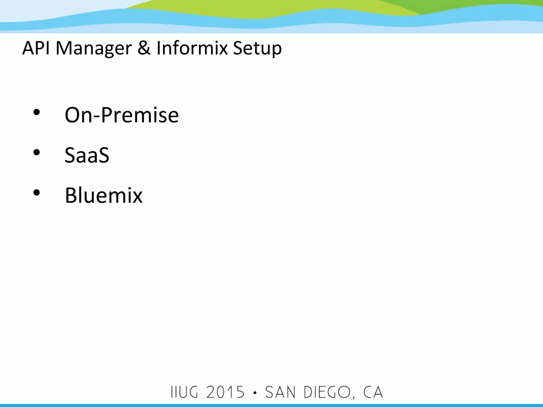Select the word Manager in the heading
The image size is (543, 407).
click(x=94, y=48)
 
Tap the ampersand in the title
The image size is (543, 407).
click(x=144, y=48)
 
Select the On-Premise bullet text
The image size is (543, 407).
click(x=122, y=115)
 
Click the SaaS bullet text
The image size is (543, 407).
click(x=87, y=155)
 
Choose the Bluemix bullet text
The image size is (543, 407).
click(x=104, y=195)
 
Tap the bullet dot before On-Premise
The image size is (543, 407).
click(x=37, y=112)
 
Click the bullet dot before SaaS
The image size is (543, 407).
click(x=37, y=152)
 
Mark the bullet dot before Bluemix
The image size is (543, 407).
click(x=37, y=193)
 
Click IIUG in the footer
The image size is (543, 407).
click(x=185, y=392)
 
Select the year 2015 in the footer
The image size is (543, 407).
click(x=225, y=392)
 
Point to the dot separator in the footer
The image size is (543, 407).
click(x=255, y=393)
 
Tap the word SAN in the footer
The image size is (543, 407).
click(x=280, y=392)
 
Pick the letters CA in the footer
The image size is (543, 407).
click(x=373, y=392)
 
